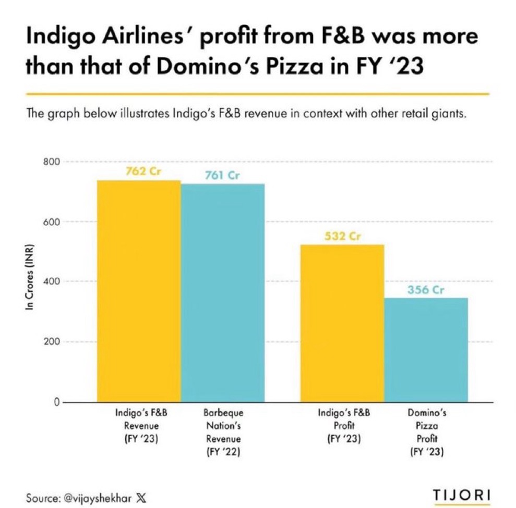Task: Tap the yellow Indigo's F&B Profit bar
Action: coord(342,323)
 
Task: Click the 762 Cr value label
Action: coord(142,171)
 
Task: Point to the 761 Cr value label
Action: coord(223,176)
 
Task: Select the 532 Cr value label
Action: coord(342,236)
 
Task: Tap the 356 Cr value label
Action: coord(426,290)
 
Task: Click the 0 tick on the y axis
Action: coord(55,402)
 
